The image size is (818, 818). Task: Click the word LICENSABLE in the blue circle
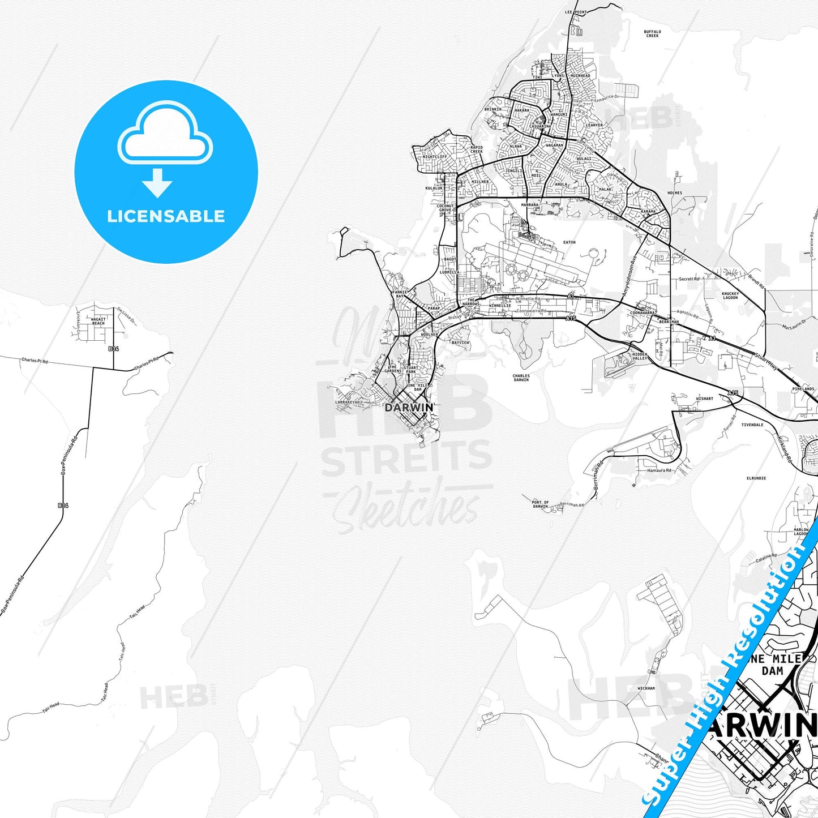166,216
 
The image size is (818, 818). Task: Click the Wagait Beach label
98,322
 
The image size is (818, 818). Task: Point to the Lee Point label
576,12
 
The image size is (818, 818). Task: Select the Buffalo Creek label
652,34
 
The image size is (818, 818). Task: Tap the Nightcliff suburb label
434,157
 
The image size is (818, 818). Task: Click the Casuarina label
540,126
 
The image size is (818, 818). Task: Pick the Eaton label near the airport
569,242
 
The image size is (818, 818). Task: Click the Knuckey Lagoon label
730,295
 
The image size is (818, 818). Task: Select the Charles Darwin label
521,378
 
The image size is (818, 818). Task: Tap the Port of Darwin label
540,504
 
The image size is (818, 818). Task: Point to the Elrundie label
756,478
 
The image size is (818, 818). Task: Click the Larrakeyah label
348,402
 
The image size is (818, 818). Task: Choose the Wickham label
646,688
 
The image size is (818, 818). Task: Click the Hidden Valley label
640,356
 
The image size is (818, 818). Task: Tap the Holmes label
675,193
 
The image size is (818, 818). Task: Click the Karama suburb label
648,212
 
